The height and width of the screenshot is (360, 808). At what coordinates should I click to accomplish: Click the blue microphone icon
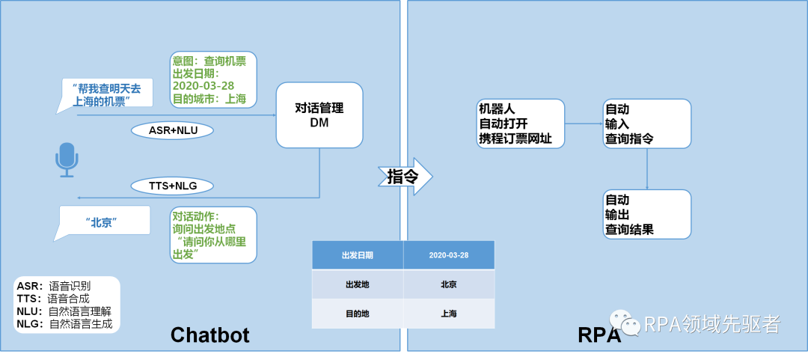tap(67, 160)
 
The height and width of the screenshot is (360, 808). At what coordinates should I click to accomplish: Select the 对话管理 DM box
tap(320, 115)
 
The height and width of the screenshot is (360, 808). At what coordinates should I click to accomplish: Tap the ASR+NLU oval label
tap(172, 130)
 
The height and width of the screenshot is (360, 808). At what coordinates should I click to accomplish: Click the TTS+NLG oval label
tap(172, 186)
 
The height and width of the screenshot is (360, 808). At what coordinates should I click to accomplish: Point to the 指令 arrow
tap(408, 177)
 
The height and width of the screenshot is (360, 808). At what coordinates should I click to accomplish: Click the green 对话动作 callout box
tap(213, 234)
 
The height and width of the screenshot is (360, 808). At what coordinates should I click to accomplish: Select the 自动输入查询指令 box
tap(647, 123)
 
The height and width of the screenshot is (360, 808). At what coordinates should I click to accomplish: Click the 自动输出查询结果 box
tap(647, 215)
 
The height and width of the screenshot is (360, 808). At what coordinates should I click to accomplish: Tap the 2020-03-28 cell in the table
tap(449, 255)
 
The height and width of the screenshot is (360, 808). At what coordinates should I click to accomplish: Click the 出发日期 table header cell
tap(358, 255)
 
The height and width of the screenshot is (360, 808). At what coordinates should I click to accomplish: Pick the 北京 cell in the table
tap(449, 284)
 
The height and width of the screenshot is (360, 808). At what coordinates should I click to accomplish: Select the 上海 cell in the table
tap(449, 314)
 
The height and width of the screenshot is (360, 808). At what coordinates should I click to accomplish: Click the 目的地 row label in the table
tap(358, 314)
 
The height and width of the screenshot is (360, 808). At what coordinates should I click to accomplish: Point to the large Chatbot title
tap(209, 335)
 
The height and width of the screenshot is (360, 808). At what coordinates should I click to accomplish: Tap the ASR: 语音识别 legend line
tap(53, 286)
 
